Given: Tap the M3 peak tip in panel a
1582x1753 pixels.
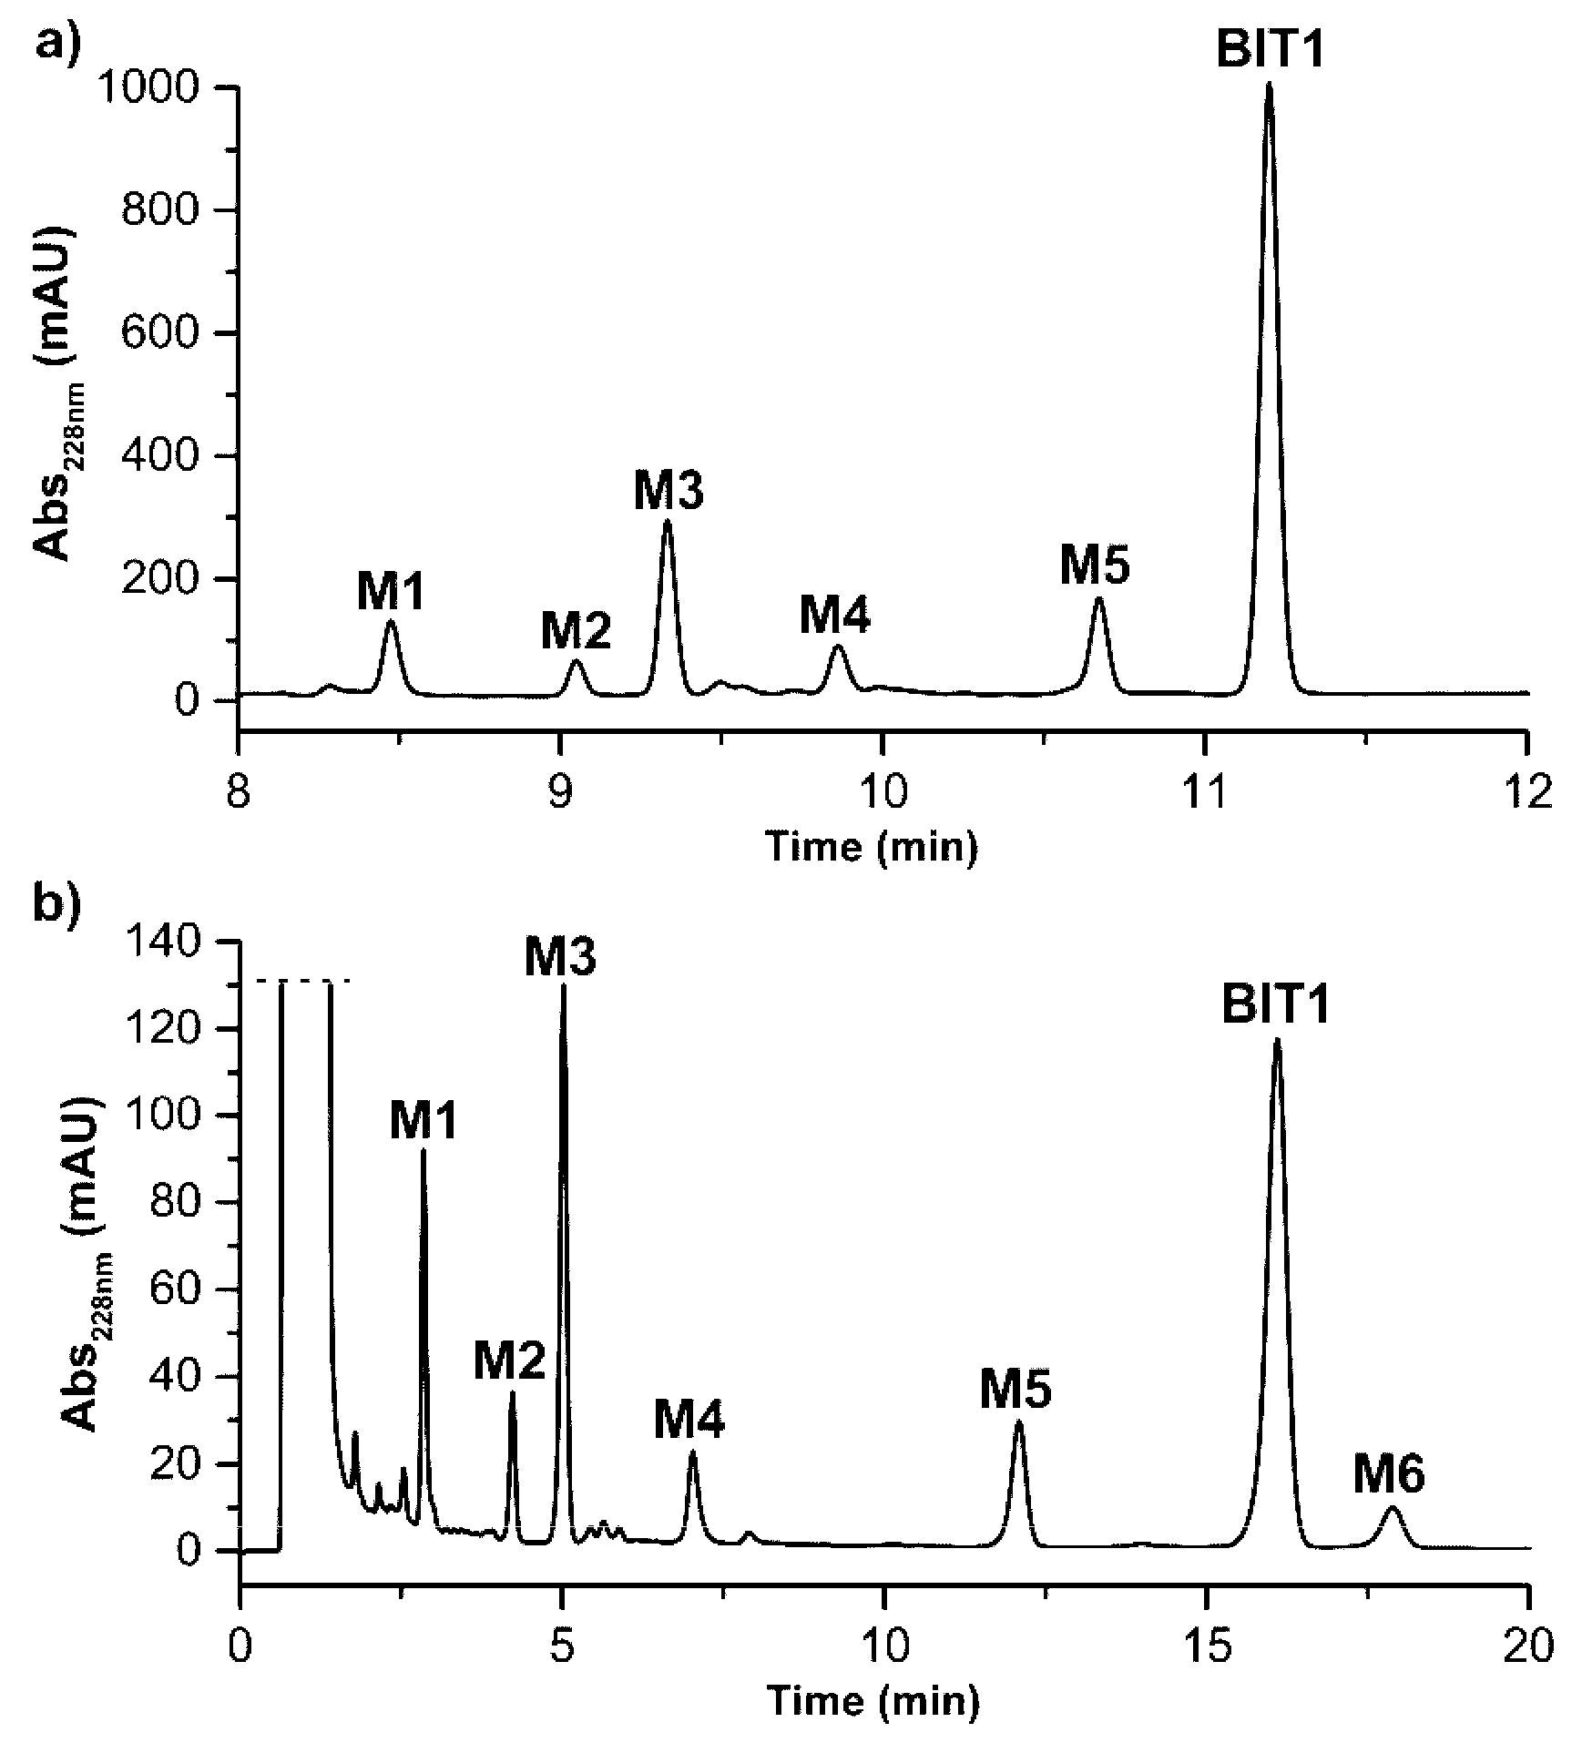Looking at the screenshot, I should (x=668, y=521).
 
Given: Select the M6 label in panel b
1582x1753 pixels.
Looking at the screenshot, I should (x=1388, y=1477).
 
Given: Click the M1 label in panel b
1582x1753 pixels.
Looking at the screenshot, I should (x=424, y=1121).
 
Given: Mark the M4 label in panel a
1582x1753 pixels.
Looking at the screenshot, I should (x=835, y=614).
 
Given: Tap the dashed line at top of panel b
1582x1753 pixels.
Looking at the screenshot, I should (x=301, y=981).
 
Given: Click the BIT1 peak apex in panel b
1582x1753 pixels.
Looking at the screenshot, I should (x=1277, y=1039).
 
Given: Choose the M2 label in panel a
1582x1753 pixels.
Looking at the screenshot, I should (x=576, y=630).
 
